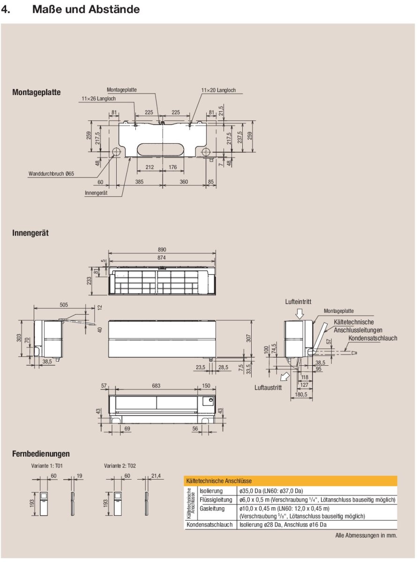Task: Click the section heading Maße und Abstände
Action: (x=86, y=9)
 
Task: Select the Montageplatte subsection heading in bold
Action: (x=37, y=93)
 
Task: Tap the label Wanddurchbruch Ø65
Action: (x=52, y=174)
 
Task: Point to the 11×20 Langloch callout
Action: (x=218, y=90)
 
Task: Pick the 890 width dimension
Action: (x=162, y=250)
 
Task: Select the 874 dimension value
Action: (x=162, y=258)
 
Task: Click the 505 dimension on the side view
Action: (x=64, y=305)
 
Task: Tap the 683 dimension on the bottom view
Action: (x=157, y=385)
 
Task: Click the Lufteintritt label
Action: (x=299, y=302)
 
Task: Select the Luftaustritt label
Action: (x=269, y=388)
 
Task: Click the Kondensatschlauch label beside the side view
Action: (x=373, y=338)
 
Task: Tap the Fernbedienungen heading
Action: (x=41, y=453)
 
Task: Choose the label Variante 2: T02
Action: (x=119, y=466)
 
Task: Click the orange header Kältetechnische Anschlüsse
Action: (x=219, y=481)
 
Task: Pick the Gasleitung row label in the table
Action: (x=212, y=508)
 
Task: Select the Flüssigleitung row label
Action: (x=216, y=500)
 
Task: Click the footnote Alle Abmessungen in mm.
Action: (x=366, y=535)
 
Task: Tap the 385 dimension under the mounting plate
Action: (x=140, y=181)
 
